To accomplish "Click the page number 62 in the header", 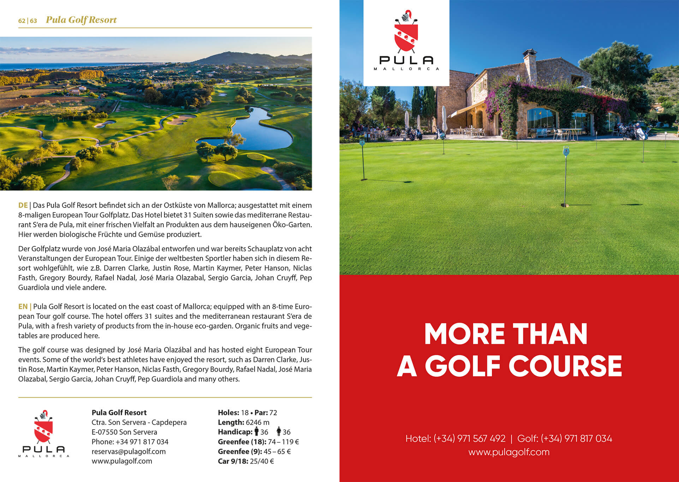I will (x=22, y=21).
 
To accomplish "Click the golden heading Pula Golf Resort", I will (x=81, y=20).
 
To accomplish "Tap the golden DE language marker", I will (x=23, y=205).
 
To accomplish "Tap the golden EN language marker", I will (x=23, y=306).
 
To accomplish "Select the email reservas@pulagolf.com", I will (x=129, y=451).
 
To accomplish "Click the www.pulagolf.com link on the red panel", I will (x=509, y=452).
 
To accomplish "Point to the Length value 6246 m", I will (x=257, y=422).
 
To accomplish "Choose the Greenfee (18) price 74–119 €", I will (x=283, y=442).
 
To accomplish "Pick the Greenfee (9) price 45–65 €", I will (x=277, y=451).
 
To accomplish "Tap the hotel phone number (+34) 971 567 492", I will (x=469, y=439).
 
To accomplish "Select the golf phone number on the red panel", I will (x=576, y=439).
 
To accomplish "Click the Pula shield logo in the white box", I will (x=406, y=34).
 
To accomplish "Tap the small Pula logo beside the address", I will (x=43, y=428).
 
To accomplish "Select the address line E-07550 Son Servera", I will (x=124, y=432).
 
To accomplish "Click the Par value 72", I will (x=273, y=413).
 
